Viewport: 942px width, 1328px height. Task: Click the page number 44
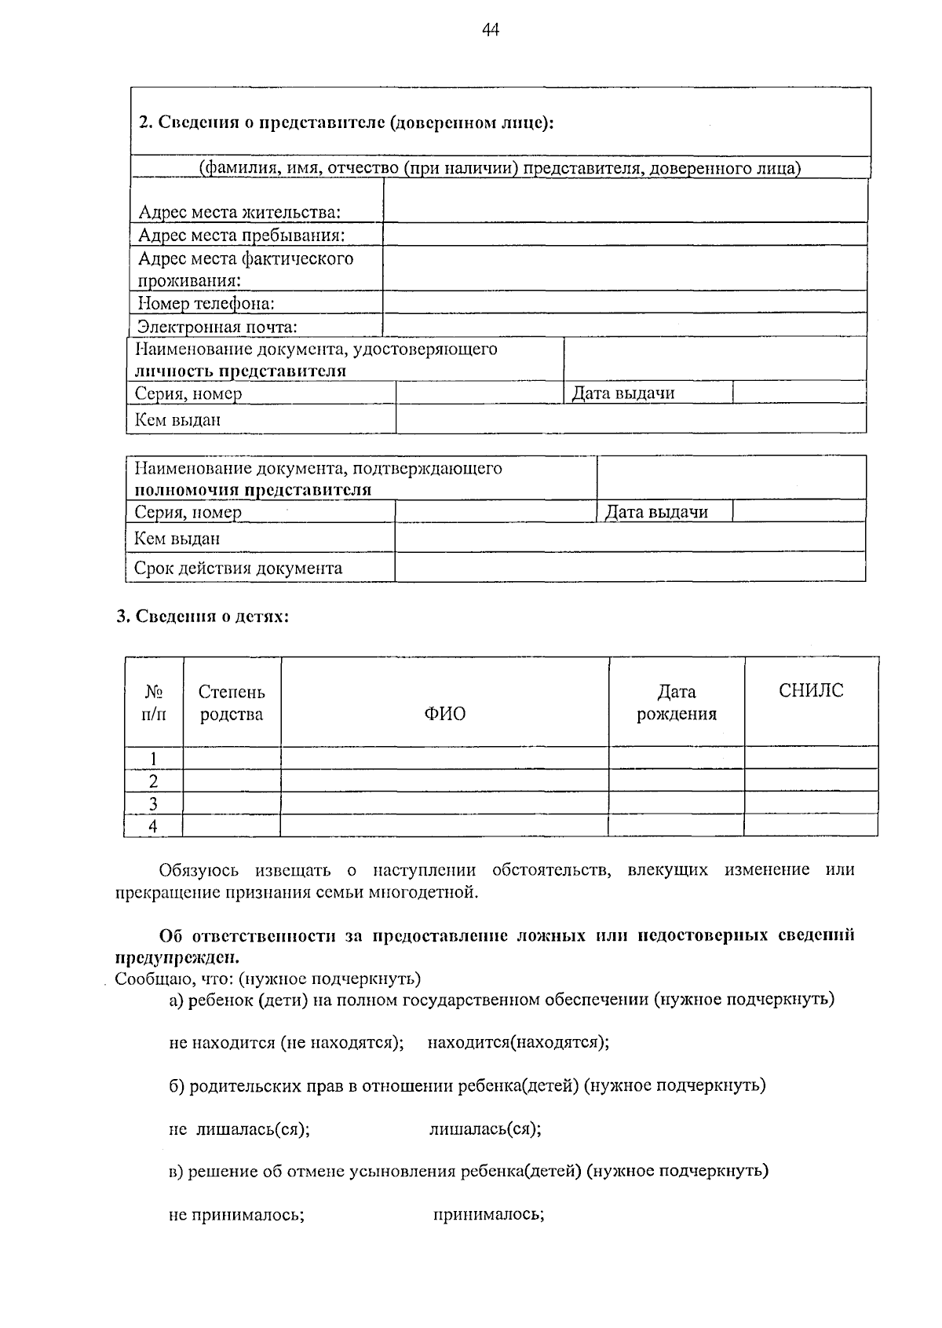point(490,31)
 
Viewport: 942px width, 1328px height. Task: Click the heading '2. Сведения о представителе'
point(346,123)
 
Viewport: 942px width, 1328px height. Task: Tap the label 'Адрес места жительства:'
point(239,212)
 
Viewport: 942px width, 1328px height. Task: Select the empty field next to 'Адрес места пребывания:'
point(624,234)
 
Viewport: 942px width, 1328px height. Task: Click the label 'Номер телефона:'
point(206,303)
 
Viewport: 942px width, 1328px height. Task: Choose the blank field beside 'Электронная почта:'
point(624,325)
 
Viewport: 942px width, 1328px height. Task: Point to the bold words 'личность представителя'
point(240,371)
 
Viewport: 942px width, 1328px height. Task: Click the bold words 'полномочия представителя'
point(253,490)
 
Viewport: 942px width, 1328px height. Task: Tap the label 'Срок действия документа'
point(238,568)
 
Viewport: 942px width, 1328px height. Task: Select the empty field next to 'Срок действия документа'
point(630,567)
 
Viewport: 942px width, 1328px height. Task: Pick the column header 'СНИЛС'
point(811,690)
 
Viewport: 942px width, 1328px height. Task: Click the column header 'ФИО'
point(444,713)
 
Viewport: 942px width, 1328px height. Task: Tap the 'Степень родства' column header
point(232,703)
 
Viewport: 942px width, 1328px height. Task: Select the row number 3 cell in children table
point(153,803)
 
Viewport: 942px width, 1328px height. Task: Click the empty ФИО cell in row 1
point(444,758)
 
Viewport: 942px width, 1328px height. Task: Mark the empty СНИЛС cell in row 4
point(811,825)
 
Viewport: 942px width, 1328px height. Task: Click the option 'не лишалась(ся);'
point(239,1129)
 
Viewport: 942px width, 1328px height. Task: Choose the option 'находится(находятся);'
point(518,1042)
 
